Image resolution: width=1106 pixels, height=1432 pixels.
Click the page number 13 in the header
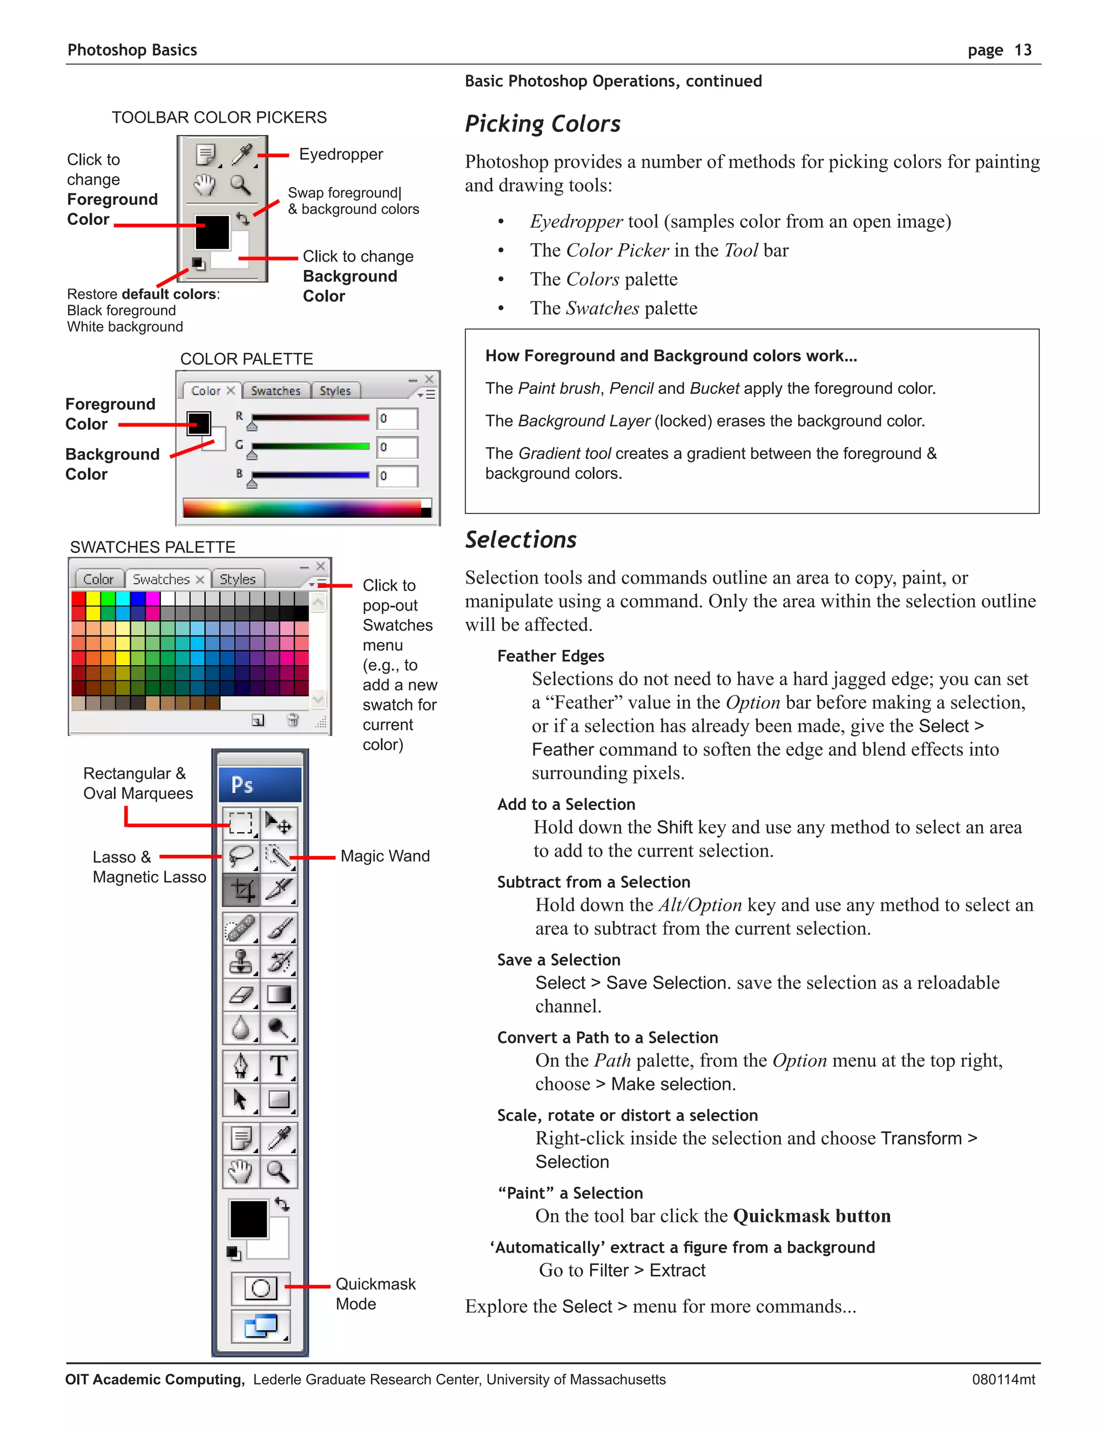tap(1022, 50)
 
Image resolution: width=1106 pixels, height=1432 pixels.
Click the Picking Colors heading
tap(543, 124)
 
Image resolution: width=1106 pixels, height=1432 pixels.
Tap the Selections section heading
tap(521, 540)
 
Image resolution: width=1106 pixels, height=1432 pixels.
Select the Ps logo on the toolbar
tap(242, 785)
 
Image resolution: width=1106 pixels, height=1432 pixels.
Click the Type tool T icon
tap(279, 1066)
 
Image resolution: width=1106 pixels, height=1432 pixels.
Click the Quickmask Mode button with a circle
tap(261, 1288)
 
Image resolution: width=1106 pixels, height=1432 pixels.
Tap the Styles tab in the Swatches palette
tap(237, 579)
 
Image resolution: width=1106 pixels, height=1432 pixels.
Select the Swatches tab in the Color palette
tap(275, 391)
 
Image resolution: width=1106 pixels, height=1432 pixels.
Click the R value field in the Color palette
tap(397, 418)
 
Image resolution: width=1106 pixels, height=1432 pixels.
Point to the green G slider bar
tap(310, 446)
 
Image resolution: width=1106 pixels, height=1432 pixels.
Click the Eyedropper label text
tap(341, 154)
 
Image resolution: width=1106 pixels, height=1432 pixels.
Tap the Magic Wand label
tap(385, 856)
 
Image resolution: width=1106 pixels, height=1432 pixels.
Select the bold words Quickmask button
tap(811, 1216)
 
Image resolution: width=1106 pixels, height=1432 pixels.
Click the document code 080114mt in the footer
tap(1003, 1380)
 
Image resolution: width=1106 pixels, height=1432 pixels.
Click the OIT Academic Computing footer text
tap(154, 1380)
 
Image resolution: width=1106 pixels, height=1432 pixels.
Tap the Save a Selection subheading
tap(558, 960)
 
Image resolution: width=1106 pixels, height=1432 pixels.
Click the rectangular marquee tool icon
tap(241, 822)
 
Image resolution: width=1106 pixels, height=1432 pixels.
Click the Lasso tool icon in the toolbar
tap(241, 856)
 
